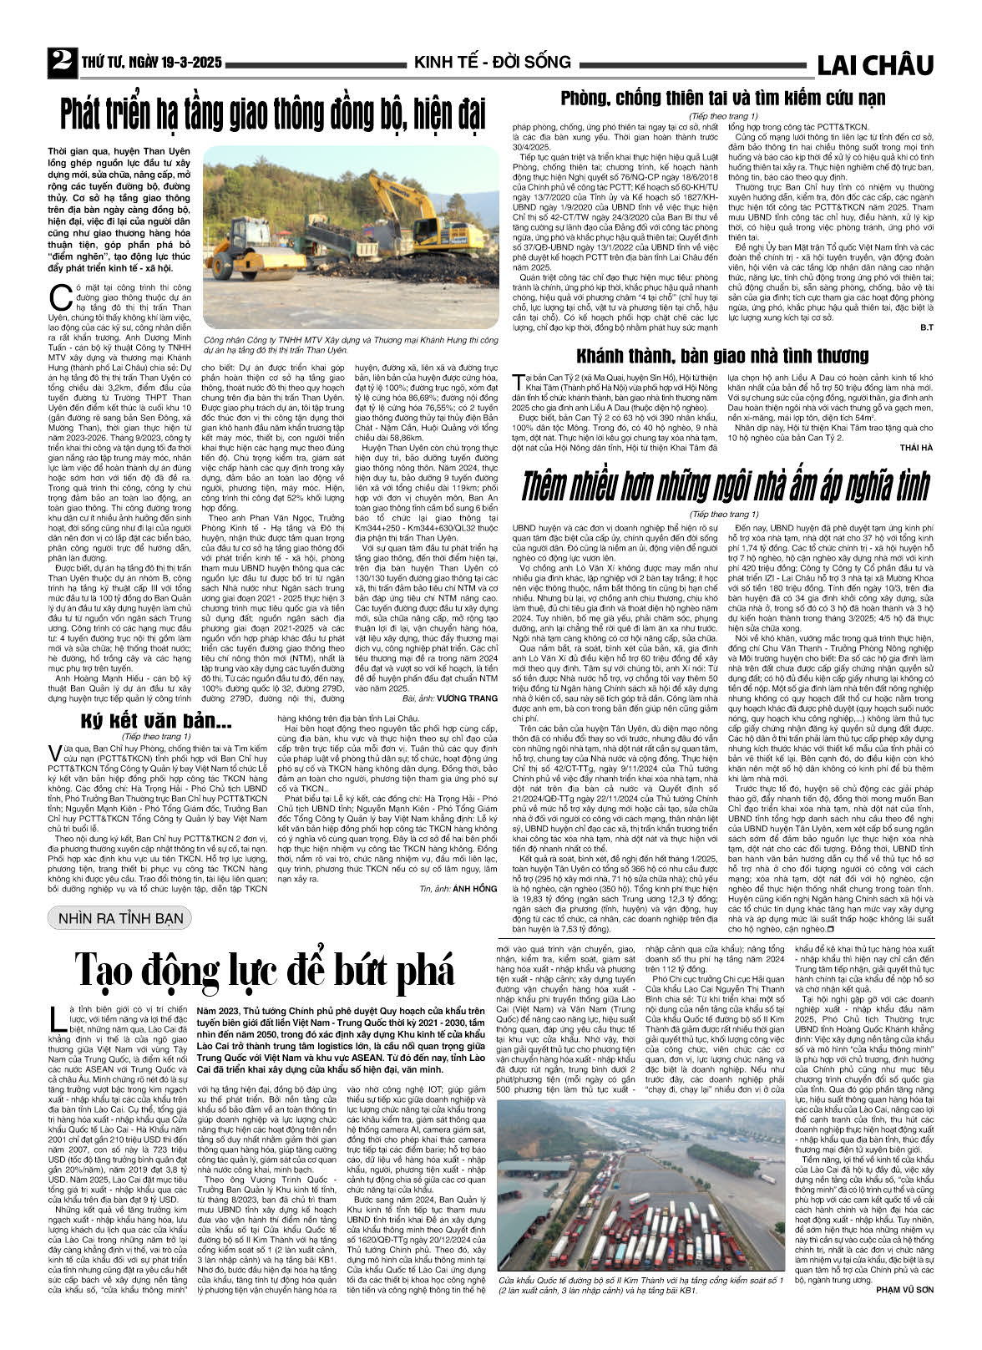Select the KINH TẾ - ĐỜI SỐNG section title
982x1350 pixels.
(x=492, y=62)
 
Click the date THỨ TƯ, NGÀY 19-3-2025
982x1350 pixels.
(x=151, y=63)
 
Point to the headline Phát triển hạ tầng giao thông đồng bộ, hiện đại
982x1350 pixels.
(x=273, y=114)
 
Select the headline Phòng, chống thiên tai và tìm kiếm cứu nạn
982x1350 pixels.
(x=722, y=99)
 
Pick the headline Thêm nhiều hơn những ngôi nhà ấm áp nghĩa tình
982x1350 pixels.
(x=724, y=485)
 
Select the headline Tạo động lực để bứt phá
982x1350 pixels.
(x=266, y=969)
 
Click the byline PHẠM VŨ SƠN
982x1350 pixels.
(x=905, y=1312)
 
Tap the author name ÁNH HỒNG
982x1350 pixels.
(x=474, y=888)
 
